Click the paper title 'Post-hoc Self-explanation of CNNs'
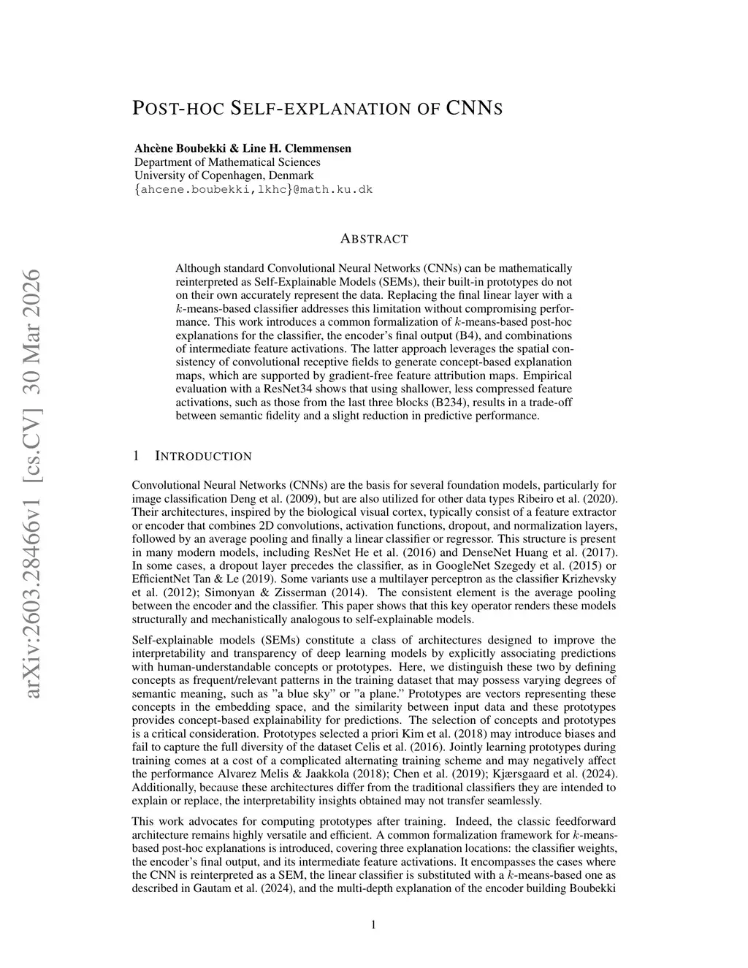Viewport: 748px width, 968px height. [x=318, y=109]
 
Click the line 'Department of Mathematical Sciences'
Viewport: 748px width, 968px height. [x=227, y=162]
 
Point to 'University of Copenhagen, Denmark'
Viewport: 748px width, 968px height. [x=224, y=176]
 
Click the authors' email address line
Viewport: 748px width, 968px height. [x=253, y=190]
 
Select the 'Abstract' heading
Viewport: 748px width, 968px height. [x=374, y=239]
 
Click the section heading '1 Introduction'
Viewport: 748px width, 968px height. [x=192, y=457]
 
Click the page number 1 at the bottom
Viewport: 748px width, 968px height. [x=374, y=925]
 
